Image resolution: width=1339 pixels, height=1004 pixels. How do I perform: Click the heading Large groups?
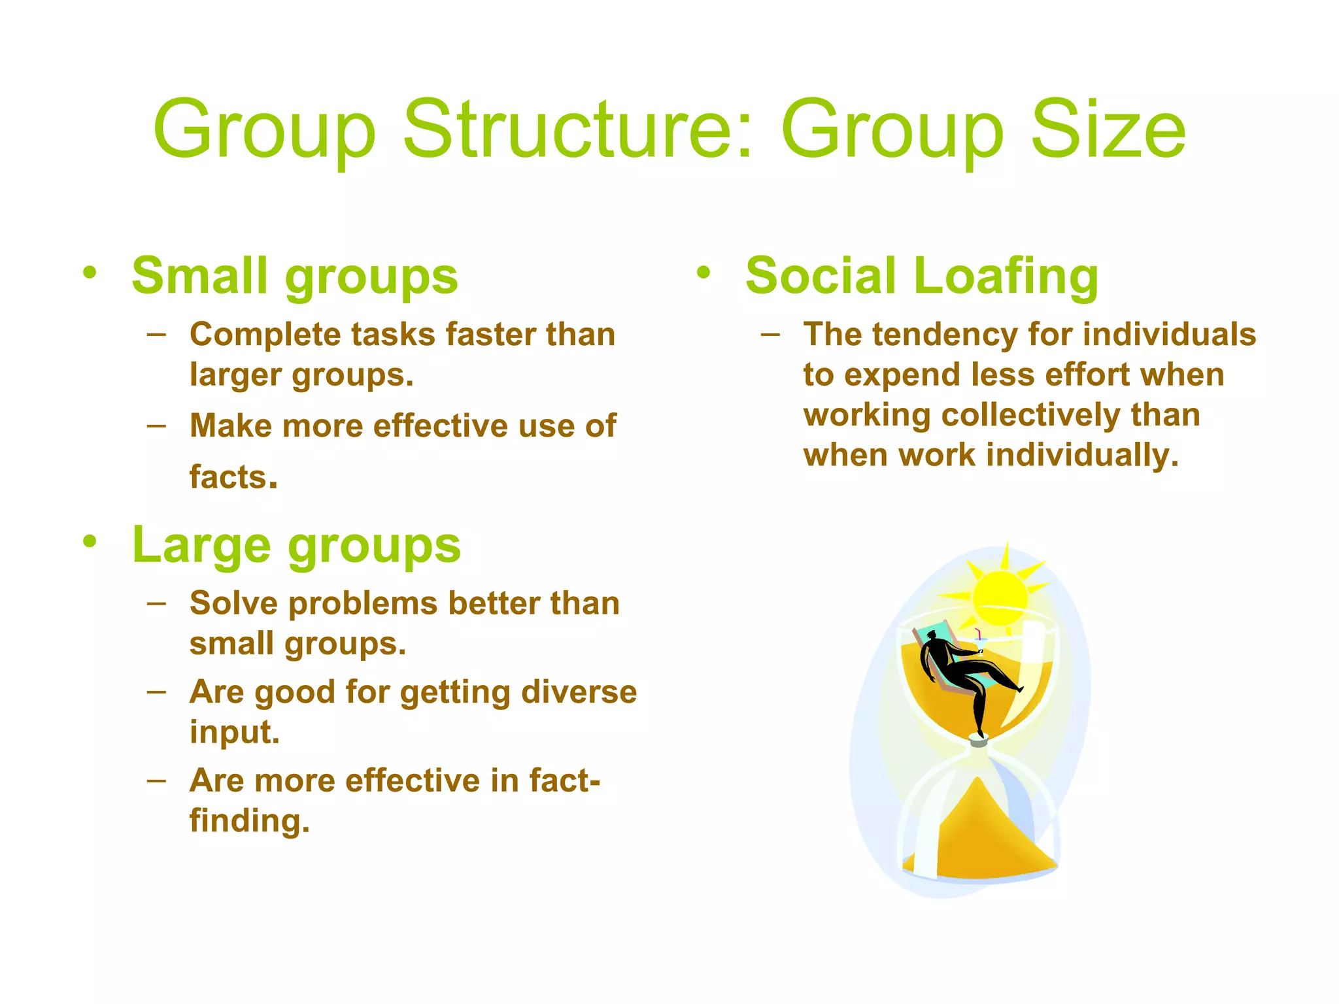point(296,546)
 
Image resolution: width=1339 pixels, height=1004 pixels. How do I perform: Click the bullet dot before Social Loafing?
point(703,273)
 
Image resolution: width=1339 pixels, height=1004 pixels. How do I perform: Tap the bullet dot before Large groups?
point(90,542)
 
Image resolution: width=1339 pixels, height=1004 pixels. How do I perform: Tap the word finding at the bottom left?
point(249,821)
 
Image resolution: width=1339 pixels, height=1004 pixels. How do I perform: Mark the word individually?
point(1082,456)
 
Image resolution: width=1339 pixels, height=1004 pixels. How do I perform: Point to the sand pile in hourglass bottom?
point(979,837)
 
